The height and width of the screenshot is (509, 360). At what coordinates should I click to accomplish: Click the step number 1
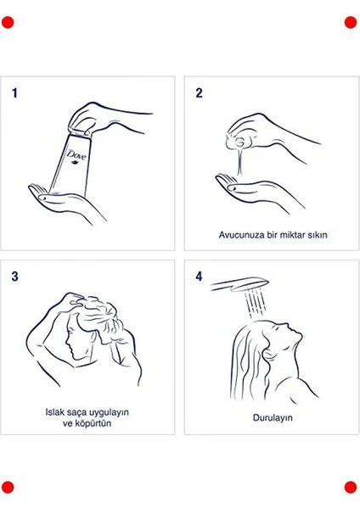(x=14, y=93)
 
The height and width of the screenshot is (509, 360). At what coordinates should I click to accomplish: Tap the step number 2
(x=199, y=93)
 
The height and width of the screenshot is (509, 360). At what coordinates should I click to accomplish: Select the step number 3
(x=15, y=277)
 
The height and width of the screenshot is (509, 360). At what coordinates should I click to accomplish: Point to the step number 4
(x=199, y=277)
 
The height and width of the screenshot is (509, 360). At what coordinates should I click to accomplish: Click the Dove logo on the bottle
(x=76, y=155)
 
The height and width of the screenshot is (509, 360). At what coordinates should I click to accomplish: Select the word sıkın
(x=318, y=235)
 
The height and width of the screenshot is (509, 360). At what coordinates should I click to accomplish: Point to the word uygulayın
(x=109, y=412)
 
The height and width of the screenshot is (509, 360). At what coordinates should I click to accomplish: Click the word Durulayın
(x=273, y=417)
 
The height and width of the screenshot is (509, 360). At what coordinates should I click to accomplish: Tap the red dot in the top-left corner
(x=8, y=23)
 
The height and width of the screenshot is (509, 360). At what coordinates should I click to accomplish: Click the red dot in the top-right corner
(x=351, y=23)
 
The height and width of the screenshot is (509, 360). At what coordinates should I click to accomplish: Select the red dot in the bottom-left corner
(x=8, y=487)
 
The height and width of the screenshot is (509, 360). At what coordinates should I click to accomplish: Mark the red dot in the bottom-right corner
(x=351, y=487)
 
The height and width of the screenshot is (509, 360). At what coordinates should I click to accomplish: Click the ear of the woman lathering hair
(x=94, y=336)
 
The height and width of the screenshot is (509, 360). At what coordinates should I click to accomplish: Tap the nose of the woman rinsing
(x=298, y=333)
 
